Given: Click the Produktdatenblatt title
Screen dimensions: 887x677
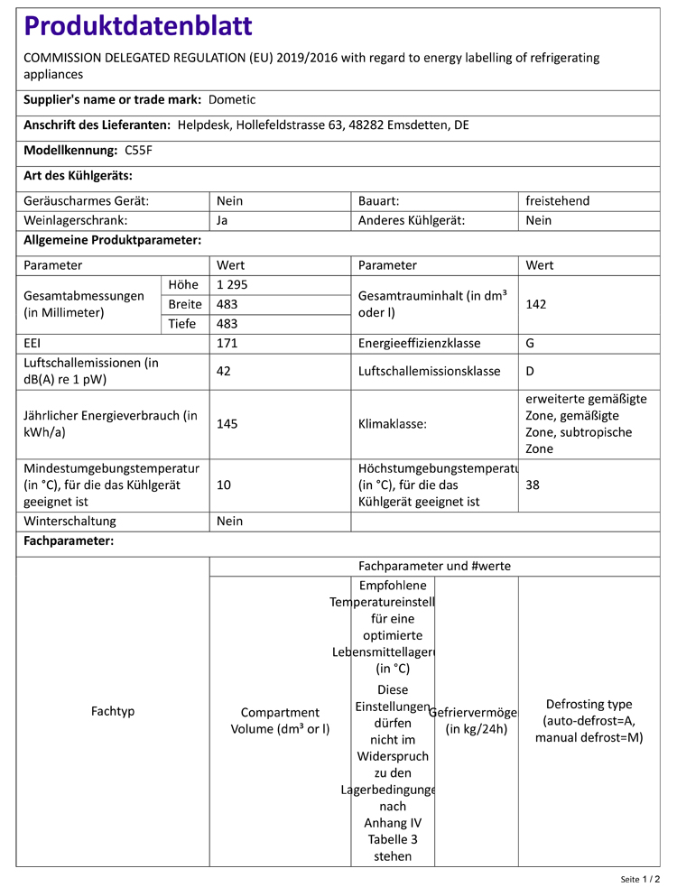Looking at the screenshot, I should click(x=138, y=26).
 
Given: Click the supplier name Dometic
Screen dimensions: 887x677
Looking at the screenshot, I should click(x=234, y=100).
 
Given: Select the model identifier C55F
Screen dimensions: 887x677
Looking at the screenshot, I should click(x=139, y=151).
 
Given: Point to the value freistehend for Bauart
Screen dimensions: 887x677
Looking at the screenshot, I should click(x=557, y=201).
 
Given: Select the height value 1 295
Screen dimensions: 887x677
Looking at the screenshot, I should click(x=232, y=285).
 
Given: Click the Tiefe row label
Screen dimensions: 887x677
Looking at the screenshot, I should click(x=182, y=324).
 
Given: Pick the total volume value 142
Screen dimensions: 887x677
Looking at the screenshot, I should click(x=536, y=304).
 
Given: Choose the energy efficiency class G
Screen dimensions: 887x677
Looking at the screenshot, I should click(x=531, y=344).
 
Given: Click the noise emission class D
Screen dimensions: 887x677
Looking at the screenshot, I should click(x=531, y=371).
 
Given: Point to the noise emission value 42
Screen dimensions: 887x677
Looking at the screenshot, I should click(x=225, y=371).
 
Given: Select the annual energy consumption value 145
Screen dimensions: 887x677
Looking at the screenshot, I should click(x=227, y=424).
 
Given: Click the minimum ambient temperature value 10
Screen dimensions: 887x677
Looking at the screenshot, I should click(x=224, y=485).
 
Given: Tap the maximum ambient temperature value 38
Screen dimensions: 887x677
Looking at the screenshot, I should click(x=533, y=485).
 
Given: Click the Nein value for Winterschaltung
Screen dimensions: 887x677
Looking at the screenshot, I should click(x=230, y=522).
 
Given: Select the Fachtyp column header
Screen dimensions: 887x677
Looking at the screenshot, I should click(x=113, y=712).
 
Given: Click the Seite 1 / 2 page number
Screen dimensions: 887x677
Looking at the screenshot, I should click(x=640, y=878).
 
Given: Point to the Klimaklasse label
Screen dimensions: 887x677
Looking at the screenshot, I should click(x=392, y=424).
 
